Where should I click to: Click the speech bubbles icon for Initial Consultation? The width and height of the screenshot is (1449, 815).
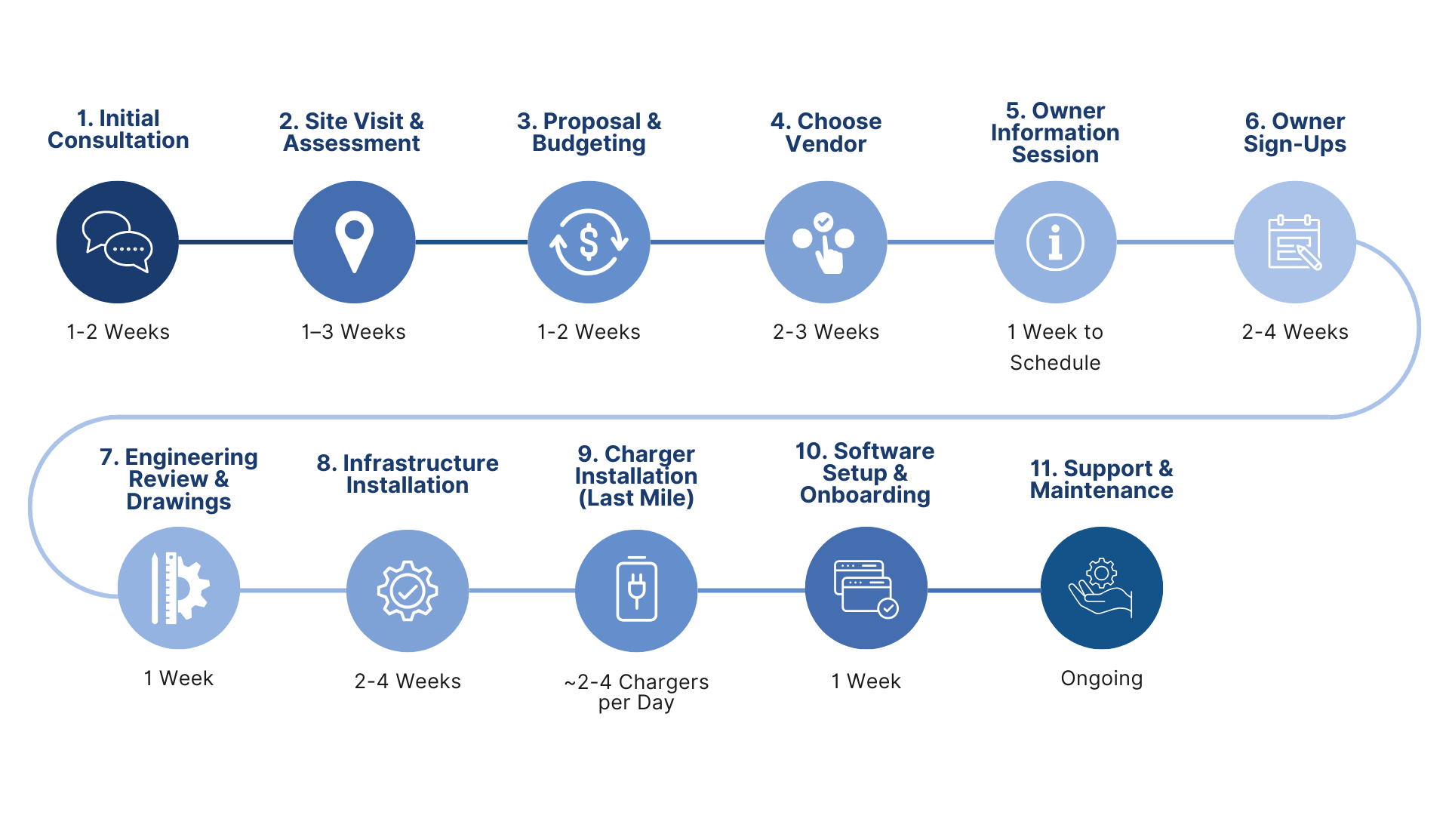tap(118, 241)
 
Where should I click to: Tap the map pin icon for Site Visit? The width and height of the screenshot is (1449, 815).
tap(354, 241)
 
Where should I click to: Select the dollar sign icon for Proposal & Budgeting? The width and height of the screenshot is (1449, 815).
tap(589, 241)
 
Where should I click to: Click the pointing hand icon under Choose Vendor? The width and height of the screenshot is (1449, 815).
tap(826, 243)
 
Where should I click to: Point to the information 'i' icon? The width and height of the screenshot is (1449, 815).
tap(1055, 242)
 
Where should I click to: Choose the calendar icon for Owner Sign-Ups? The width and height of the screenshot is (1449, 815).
tap(1295, 242)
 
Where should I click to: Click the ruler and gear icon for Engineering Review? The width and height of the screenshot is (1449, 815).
tap(179, 588)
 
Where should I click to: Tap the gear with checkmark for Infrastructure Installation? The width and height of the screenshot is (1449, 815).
tap(408, 590)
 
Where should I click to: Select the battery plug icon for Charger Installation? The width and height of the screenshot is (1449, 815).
tap(636, 590)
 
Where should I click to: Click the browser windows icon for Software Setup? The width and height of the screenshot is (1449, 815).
tap(866, 588)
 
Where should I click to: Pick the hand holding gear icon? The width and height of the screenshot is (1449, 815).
tap(1101, 588)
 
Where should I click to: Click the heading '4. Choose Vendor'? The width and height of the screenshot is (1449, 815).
tap(826, 132)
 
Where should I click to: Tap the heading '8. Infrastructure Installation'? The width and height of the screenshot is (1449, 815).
tap(408, 474)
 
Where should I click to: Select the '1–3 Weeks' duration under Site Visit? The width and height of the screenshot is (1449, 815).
tap(353, 332)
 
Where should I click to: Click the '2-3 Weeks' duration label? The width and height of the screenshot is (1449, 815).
tap(826, 332)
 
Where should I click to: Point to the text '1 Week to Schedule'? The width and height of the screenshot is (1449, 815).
tap(1055, 347)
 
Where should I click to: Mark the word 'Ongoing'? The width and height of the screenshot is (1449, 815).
tap(1101, 678)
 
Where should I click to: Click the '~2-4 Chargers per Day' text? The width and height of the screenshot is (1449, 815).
tap(636, 691)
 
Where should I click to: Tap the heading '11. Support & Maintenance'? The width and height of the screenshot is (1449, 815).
tap(1101, 479)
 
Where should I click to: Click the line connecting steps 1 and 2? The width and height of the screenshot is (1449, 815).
tap(235, 242)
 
